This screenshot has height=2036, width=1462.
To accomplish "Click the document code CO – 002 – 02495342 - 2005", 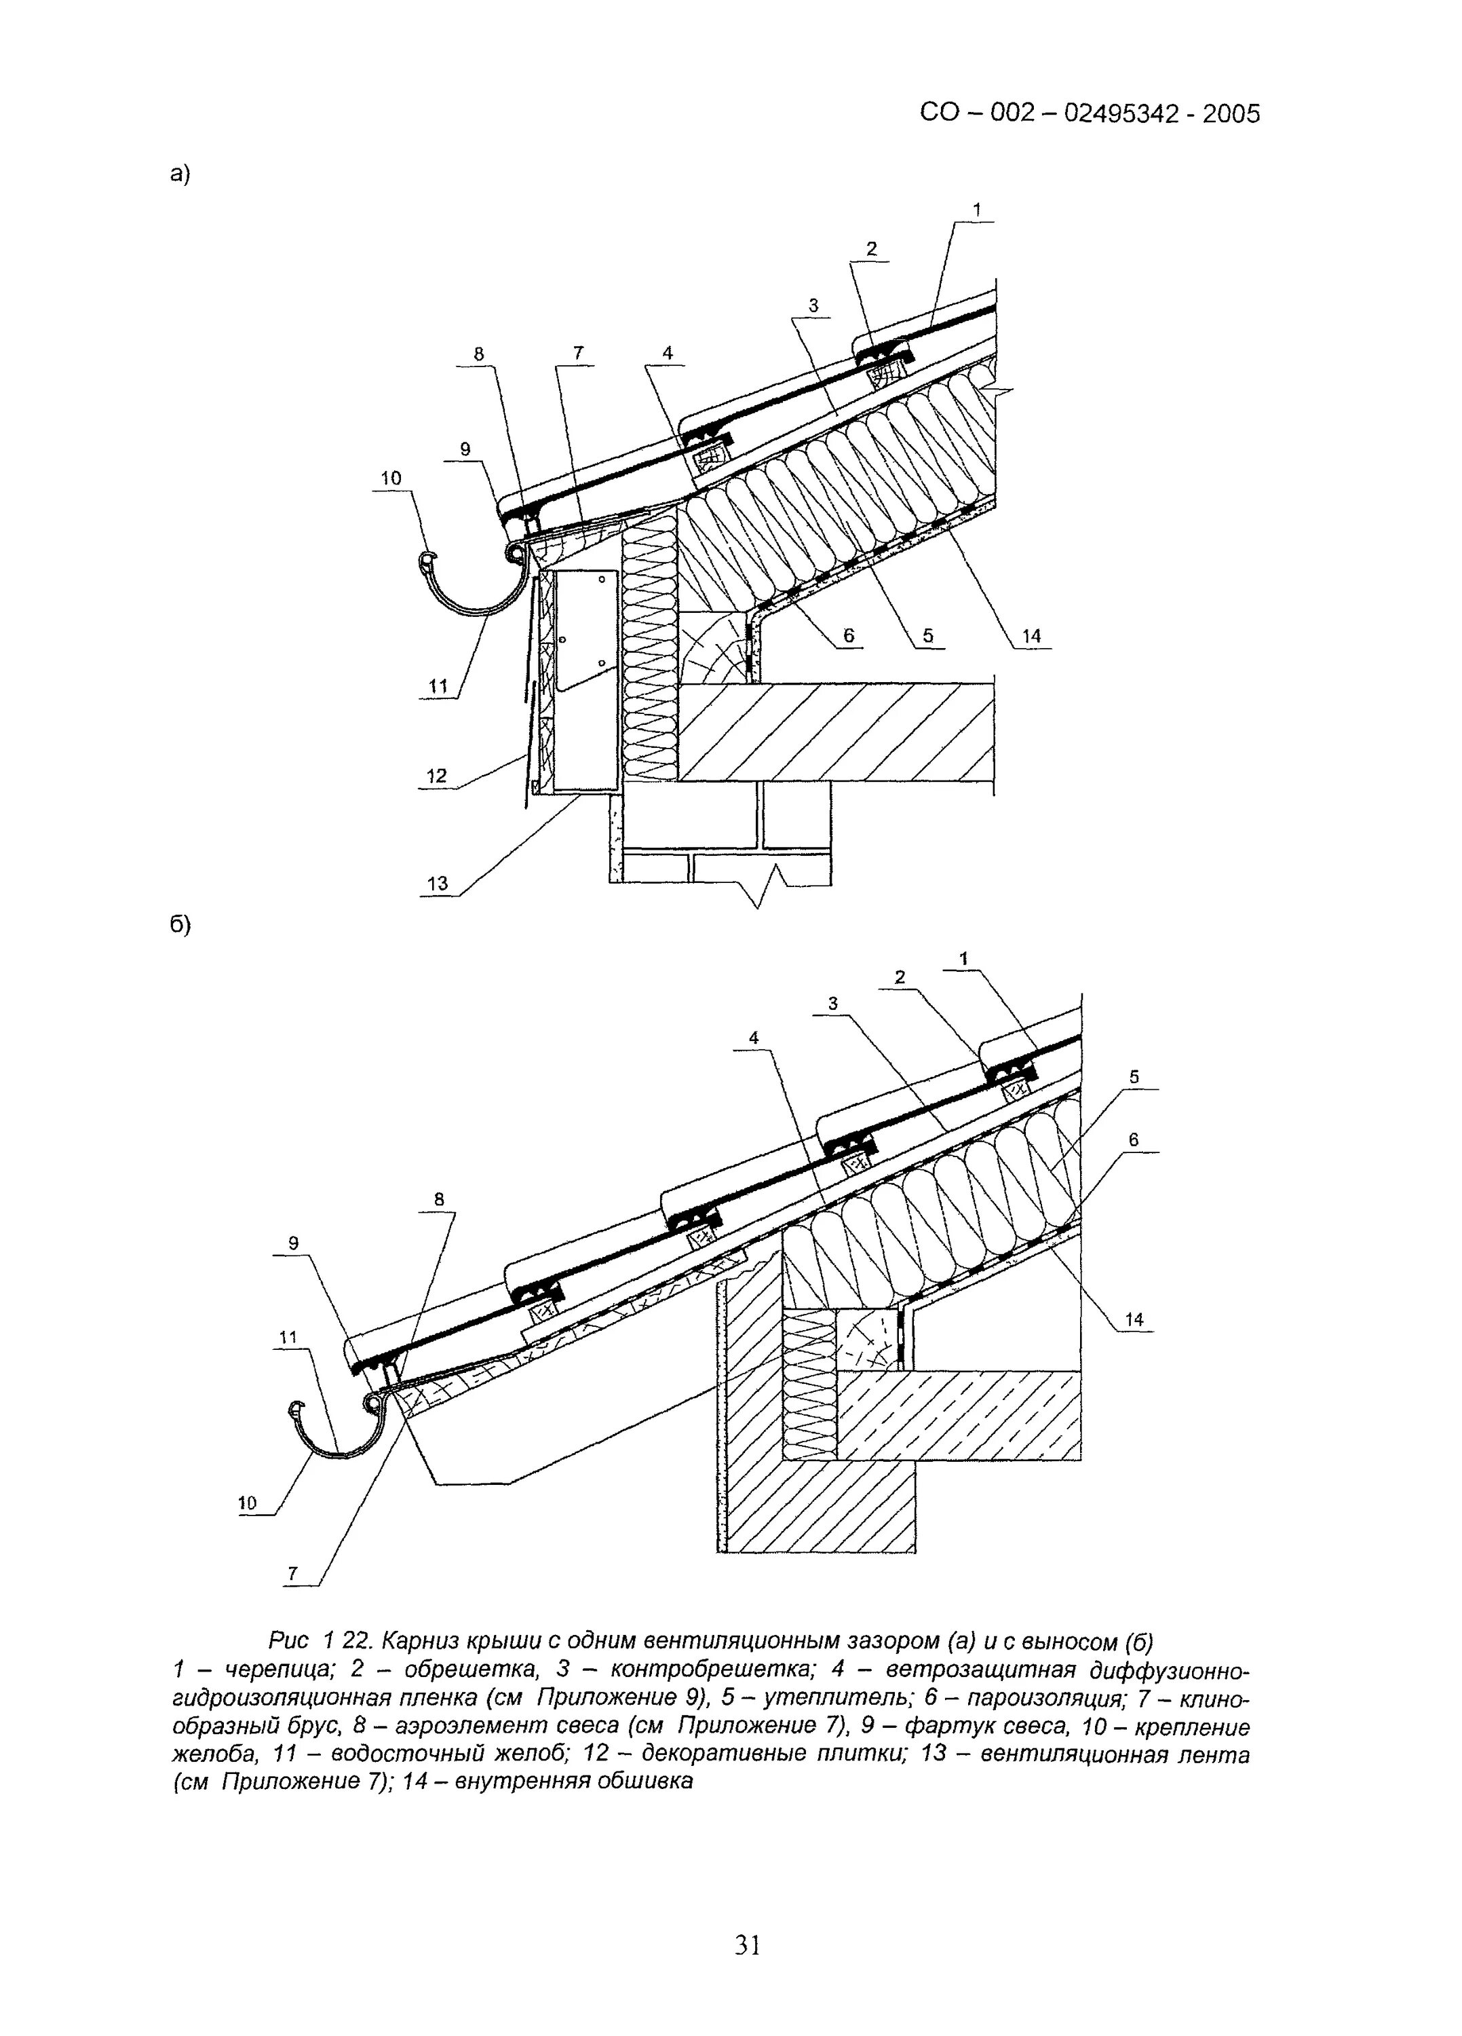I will [x=1090, y=114].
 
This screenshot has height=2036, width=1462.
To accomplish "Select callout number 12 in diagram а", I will [x=436, y=776].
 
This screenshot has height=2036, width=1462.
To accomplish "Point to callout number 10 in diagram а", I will [x=390, y=478].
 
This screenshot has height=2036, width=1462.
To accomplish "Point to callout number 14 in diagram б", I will [x=1134, y=1319].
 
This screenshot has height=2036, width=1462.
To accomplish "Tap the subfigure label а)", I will [x=180, y=174].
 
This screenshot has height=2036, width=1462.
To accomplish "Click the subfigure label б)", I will [x=180, y=924].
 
